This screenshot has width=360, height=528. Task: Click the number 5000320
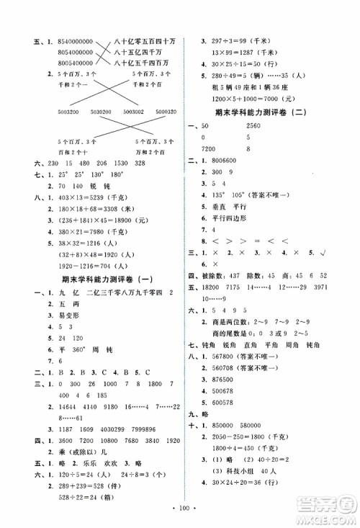(x=161, y=112)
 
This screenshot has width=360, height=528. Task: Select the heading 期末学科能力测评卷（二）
(x=267, y=112)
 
